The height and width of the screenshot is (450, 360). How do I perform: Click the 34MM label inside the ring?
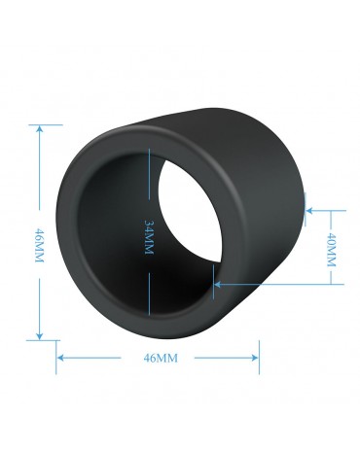click(x=149, y=237)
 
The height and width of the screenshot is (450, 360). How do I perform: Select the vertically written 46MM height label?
click(x=39, y=245)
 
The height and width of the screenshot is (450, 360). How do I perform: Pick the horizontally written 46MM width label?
click(x=161, y=359)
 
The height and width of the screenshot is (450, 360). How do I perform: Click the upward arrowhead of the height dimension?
click(x=40, y=128)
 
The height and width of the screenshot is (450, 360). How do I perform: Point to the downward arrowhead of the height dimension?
click(x=40, y=336)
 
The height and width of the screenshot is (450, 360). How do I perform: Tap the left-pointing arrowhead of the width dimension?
click(x=60, y=358)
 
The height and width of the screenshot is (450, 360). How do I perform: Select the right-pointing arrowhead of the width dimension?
click(x=255, y=358)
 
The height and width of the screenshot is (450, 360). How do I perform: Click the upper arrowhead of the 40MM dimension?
click(x=309, y=211)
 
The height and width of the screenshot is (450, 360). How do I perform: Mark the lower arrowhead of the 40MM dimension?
click(x=218, y=285)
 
